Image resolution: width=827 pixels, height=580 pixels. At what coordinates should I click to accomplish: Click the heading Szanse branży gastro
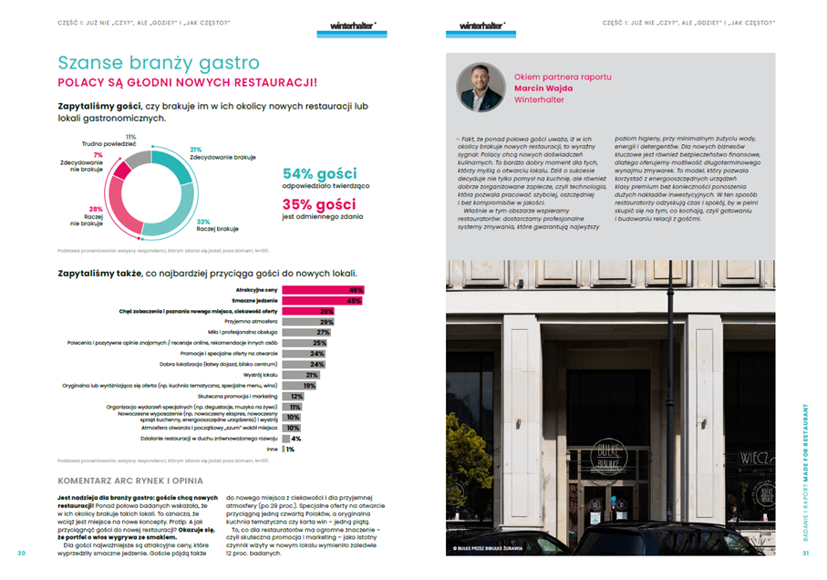point(158,63)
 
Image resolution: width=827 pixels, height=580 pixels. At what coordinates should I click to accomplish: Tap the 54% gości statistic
point(319,173)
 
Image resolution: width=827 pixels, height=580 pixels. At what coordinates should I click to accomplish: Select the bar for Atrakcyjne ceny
point(323,290)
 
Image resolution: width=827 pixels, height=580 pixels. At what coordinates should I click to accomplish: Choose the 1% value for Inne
point(290,449)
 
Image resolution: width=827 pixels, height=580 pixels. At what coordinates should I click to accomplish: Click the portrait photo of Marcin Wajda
point(480,87)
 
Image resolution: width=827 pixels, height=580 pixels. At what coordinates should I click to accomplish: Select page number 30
point(22,553)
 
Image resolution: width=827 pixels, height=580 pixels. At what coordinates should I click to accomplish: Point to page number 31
point(805,553)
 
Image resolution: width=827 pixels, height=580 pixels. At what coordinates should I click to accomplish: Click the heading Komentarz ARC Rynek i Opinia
point(130,480)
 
